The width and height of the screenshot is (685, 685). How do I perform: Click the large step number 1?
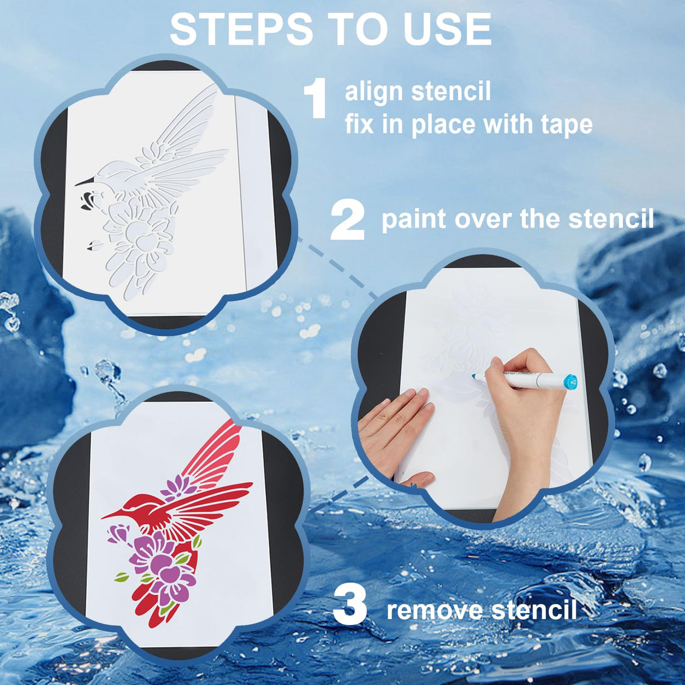[x=315, y=99]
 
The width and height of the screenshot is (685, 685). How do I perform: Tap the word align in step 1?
[x=373, y=92]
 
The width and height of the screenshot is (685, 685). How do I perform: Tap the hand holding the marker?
[x=522, y=406]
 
